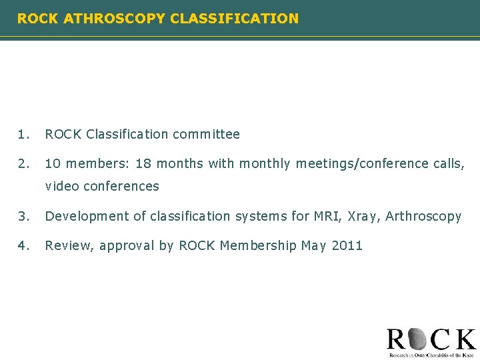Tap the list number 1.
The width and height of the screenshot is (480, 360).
(x=23, y=134)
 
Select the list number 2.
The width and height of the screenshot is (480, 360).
(x=23, y=163)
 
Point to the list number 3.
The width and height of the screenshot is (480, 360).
(x=23, y=216)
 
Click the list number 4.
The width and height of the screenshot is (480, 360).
(x=23, y=245)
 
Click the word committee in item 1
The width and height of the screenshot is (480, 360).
(x=206, y=134)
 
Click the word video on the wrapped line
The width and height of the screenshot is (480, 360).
(x=61, y=187)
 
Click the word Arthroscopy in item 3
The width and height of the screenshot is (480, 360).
(x=425, y=216)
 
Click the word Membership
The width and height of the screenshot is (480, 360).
(x=258, y=245)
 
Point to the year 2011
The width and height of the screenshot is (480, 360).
(x=347, y=245)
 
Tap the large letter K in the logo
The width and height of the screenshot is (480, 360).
(x=463, y=339)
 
